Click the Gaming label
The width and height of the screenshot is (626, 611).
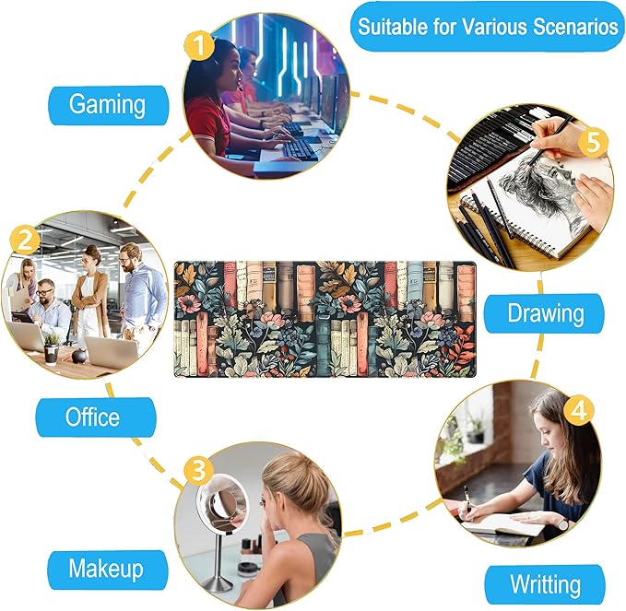(x=108, y=105)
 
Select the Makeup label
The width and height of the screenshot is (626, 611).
(x=107, y=570)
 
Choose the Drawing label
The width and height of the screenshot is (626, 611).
(x=544, y=313)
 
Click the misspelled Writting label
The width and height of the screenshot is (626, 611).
(x=546, y=584)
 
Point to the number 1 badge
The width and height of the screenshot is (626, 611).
(x=199, y=45)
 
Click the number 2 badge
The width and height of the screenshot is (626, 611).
(x=25, y=241)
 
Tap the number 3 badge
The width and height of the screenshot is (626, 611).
(x=198, y=470)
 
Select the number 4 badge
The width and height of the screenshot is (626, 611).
(x=579, y=410)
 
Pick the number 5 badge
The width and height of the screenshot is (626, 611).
(x=593, y=143)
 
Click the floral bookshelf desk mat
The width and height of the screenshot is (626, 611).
(x=325, y=319)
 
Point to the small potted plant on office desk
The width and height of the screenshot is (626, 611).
(x=52, y=348)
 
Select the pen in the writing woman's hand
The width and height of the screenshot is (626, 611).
(x=467, y=499)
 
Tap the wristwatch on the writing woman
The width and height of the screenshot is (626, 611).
(x=563, y=523)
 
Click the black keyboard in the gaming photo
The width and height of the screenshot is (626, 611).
(x=300, y=149)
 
